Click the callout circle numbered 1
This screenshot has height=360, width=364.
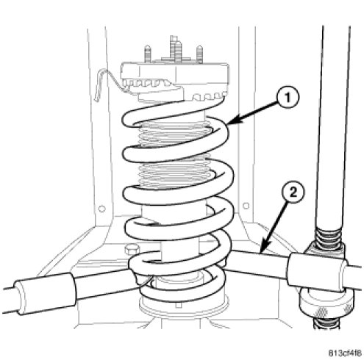pos(288,98)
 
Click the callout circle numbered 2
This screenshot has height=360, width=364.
pos(293,192)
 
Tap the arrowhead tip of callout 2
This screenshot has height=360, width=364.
pos(261,253)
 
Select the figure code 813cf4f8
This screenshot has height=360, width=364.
pos(345,353)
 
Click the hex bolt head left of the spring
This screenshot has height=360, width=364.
pos(132,250)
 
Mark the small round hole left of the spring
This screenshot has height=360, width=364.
pos(101,209)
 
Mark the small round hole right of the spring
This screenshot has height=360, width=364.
pos(246,206)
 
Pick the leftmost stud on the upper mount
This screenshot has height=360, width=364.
pos(148,54)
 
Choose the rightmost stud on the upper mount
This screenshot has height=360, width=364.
pos(200,54)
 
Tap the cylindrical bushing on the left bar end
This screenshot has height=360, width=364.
pos(44,293)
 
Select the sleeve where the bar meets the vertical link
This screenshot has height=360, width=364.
pos(318,273)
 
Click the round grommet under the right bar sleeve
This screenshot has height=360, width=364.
pos(326,302)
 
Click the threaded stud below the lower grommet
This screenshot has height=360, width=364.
pos(326,322)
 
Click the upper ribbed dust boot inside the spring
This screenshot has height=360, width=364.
pos(174,134)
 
